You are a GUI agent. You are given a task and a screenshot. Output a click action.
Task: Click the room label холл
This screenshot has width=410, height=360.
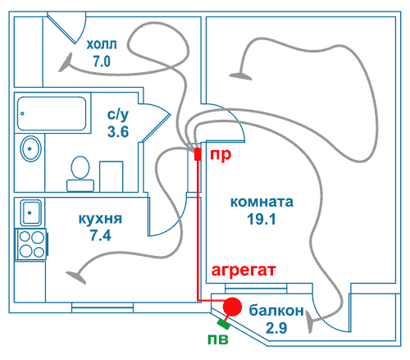102,44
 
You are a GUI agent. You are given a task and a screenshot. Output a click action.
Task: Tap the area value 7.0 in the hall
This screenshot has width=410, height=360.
102,61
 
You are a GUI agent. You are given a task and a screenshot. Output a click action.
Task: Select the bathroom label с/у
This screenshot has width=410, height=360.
118,115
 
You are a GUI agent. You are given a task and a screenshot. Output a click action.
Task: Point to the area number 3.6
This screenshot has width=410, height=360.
118,132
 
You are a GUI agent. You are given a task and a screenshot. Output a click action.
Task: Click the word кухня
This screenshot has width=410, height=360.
100,219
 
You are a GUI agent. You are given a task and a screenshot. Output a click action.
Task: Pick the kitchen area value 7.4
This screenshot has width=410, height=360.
101,235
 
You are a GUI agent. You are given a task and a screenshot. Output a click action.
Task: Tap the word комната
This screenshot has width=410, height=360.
262,202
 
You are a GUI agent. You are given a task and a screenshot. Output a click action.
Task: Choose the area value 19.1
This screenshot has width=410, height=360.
262,219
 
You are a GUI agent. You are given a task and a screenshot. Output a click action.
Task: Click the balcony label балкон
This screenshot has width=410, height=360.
276,311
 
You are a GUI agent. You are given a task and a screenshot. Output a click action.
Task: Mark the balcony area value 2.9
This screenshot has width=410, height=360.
276,328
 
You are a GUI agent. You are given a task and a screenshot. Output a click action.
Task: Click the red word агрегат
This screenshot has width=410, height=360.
244,271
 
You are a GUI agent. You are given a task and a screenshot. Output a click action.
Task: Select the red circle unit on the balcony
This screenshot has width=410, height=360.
232,307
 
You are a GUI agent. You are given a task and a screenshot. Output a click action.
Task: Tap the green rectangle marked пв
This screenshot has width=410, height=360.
223,324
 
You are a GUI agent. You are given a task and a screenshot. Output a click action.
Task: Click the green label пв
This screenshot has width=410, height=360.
218,339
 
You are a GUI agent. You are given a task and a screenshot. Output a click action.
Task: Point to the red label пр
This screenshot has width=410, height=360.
221,155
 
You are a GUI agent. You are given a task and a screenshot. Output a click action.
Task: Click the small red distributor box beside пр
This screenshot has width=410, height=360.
198,154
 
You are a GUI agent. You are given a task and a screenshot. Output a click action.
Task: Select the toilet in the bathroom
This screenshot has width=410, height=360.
80,174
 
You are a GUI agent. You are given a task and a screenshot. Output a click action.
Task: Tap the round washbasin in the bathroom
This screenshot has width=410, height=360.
31,149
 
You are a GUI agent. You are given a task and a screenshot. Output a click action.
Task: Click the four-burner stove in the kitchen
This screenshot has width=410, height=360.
32,244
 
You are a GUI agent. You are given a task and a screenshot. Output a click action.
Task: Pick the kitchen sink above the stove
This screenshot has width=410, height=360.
31,212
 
